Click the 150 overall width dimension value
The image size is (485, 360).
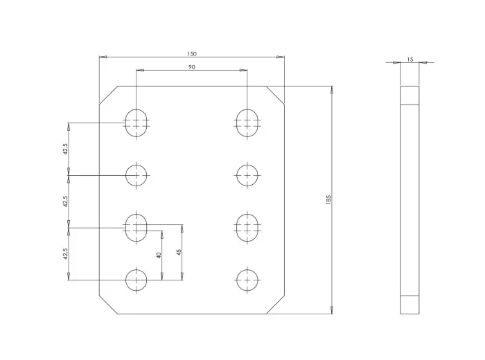click(192, 54)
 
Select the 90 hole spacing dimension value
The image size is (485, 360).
click(192, 67)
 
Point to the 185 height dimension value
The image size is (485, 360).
click(328, 199)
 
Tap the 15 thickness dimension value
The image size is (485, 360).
click(410, 60)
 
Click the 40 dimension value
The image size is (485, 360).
click(159, 255)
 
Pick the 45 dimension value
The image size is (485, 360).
click(179, 252)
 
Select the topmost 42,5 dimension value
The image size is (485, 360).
click(65, 149)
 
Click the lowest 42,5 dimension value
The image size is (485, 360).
click(65, 253)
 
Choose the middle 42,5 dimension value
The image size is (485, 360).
click(65, 201)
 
